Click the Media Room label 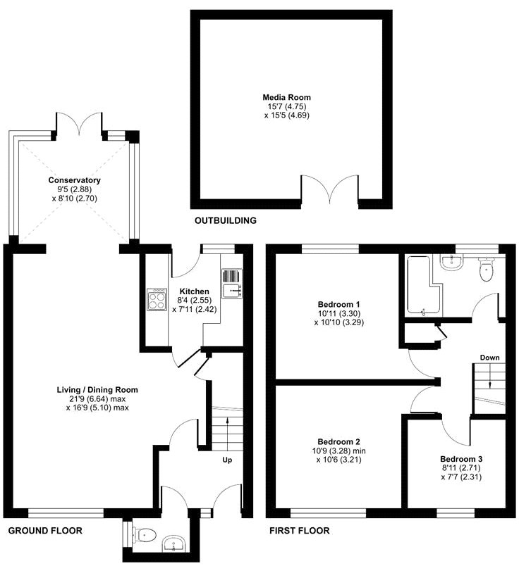(286, 97)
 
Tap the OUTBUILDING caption (225, 221)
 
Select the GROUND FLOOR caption (44, 531)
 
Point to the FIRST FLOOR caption (300, 531)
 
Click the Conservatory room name (75, 180)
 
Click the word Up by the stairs (227, 460)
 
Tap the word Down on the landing (490, 358)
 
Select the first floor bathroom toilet (487, 268)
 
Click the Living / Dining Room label (97, 389)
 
